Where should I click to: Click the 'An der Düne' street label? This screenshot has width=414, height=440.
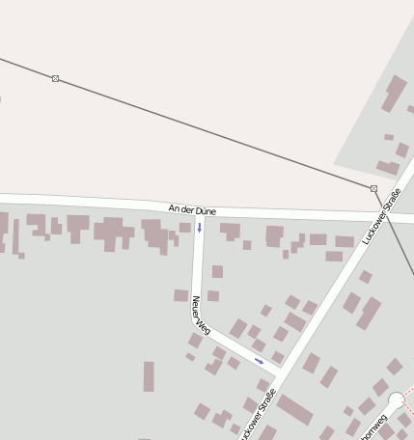tap(192, 208)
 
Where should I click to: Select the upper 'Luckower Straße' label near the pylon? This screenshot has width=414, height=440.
tap(381, 217)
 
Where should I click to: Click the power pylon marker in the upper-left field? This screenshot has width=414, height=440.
tap(55, 78)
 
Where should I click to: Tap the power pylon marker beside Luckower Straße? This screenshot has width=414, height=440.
tap(373, 188)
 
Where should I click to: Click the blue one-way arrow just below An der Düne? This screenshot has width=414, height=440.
tap(200, 228)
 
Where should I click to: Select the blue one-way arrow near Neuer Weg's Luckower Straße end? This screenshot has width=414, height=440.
tap(259, 361)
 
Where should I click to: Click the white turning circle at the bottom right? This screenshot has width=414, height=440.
tap(396, 400)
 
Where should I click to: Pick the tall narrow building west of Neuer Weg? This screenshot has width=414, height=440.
tap(149, 376)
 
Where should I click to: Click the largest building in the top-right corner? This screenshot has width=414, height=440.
tap(395, 94)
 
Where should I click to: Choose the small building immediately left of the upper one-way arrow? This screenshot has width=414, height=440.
tap(184, 228)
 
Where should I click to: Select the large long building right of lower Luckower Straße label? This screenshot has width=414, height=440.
tap(294, 410)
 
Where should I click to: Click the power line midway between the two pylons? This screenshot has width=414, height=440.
tap(214, 133)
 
